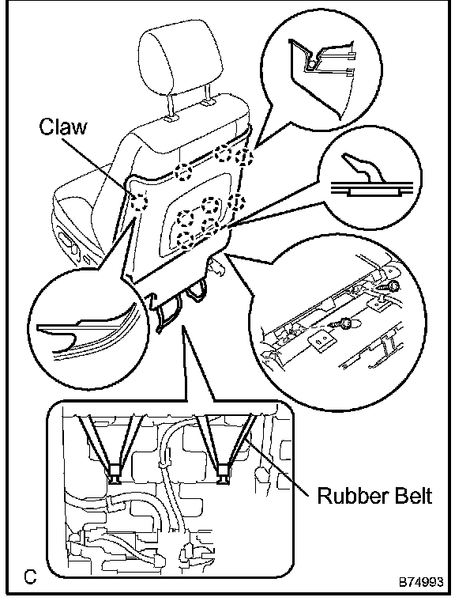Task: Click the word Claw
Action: click(x=63, y=127)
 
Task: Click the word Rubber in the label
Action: click(x=348, y=495)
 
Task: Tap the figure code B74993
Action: click(x=421, y=581)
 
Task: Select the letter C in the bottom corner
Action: click(x=29, y=576)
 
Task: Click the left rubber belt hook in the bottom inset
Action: click(x=114, y=474)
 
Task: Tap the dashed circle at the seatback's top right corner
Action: click(x=243, y=157)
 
